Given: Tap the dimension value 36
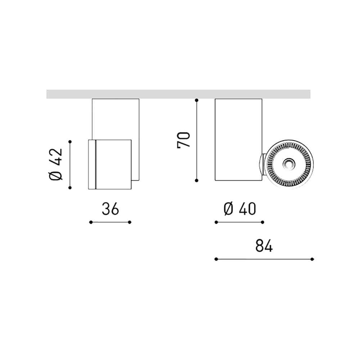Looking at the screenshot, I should point(110,209).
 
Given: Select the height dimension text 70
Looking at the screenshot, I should point(184,140).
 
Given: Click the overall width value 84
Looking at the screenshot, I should point(264,246).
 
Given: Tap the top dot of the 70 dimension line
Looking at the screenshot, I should point(197,100).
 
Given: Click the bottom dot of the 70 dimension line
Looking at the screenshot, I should point(197,180).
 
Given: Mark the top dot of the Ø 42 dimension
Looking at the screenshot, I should point(70,141).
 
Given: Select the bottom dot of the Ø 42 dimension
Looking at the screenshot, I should point(70,188).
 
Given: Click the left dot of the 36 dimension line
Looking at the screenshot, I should point(91,222).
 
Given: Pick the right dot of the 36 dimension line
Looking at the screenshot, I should point(130,222).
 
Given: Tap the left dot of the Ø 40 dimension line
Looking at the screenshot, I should point(216,222).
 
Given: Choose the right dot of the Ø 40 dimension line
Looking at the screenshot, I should point(262,222).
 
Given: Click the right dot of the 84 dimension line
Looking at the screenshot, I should point(312,259).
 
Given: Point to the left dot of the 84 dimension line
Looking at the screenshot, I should point(216,259).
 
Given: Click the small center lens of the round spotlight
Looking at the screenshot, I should point(288,164).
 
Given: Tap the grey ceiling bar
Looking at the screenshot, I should point(178,94).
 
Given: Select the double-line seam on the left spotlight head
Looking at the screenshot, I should point(95,164).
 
